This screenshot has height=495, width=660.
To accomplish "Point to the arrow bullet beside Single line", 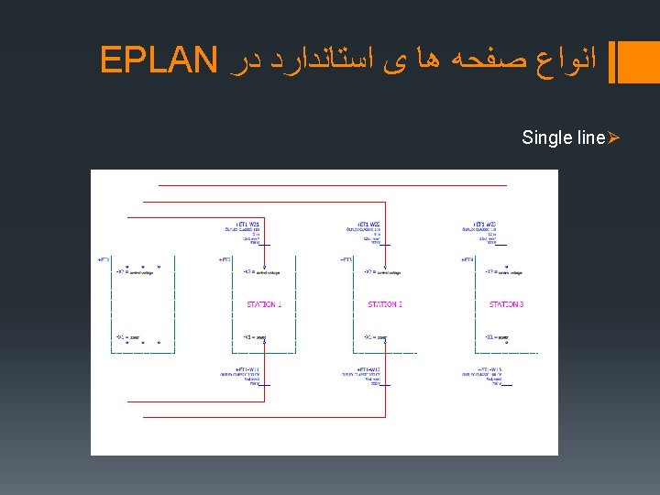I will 614,137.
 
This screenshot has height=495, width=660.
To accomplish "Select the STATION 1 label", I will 264,303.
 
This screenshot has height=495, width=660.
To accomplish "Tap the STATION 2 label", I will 385,303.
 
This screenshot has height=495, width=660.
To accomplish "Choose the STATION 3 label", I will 506,303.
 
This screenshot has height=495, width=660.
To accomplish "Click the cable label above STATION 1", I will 248,225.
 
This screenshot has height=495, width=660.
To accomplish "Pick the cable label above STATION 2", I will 369,225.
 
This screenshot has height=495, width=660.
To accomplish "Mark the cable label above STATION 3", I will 485,225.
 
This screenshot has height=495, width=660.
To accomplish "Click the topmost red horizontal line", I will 332,185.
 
